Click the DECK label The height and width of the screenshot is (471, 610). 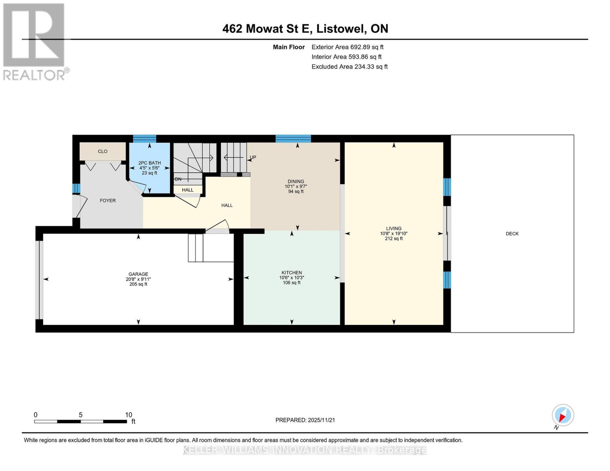(512, 234)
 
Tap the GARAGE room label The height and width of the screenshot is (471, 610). (138, 274)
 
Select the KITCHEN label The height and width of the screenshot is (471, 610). (292, 273)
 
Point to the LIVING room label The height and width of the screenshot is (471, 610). (394, 228)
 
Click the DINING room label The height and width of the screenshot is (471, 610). (296, 181)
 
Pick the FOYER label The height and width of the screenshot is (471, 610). (108, 201)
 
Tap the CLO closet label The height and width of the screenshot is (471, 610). (103, 152)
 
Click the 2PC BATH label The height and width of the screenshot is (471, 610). (149, 163)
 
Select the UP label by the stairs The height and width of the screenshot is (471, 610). (253, 157)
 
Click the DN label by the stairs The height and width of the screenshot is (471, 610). (178, 179)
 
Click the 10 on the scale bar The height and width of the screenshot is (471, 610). (128, 415)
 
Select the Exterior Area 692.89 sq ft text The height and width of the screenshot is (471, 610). (348, 47)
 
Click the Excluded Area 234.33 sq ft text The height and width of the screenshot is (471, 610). (350, 67)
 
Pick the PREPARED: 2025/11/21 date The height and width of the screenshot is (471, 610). (305, 420)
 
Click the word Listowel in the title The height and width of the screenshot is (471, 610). (341, 29)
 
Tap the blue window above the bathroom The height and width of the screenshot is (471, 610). (144, 139)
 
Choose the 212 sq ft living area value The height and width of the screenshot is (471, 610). (394, 239)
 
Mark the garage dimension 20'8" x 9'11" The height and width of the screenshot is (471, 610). (138, 279)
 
